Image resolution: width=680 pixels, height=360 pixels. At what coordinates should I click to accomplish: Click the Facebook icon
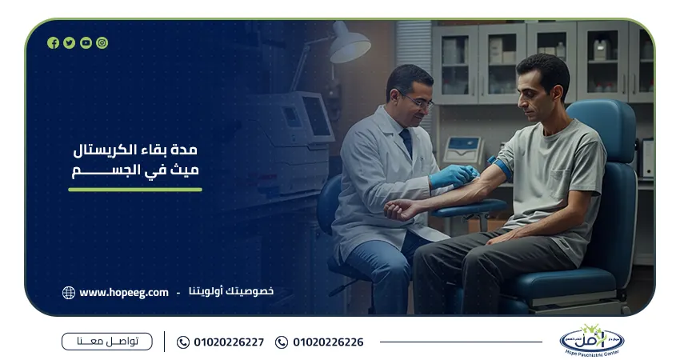[x=53, y=43]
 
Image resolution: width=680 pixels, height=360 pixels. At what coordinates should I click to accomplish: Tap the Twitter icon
[x=70, y=43]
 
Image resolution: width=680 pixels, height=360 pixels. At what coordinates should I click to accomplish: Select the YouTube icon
[x=86, y=43]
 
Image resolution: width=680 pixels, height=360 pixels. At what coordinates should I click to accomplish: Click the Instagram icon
[x=102, y=43]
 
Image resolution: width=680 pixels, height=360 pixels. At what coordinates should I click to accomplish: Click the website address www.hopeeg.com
[x=124, y=292]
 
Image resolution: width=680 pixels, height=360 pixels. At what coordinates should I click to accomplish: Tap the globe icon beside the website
[x=69, y=293]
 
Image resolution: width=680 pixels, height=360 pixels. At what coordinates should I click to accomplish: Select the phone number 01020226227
[x=229, y=342]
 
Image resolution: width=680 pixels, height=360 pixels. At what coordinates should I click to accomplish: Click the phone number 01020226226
[x=328, y=342]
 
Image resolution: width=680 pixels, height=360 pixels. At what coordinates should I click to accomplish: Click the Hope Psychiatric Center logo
[x=592, y=341]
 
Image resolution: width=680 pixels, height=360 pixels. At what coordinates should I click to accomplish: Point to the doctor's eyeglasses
[x=417, y=100]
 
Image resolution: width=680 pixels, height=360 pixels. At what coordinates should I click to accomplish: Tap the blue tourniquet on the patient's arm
[x=502, y=168]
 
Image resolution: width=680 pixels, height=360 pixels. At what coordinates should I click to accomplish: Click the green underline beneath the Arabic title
[x=135, y=190]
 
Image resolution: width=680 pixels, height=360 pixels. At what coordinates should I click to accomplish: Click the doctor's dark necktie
[x=406, y=143]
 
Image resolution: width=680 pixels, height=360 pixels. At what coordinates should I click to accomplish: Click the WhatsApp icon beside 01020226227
[x=183, y=342]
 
